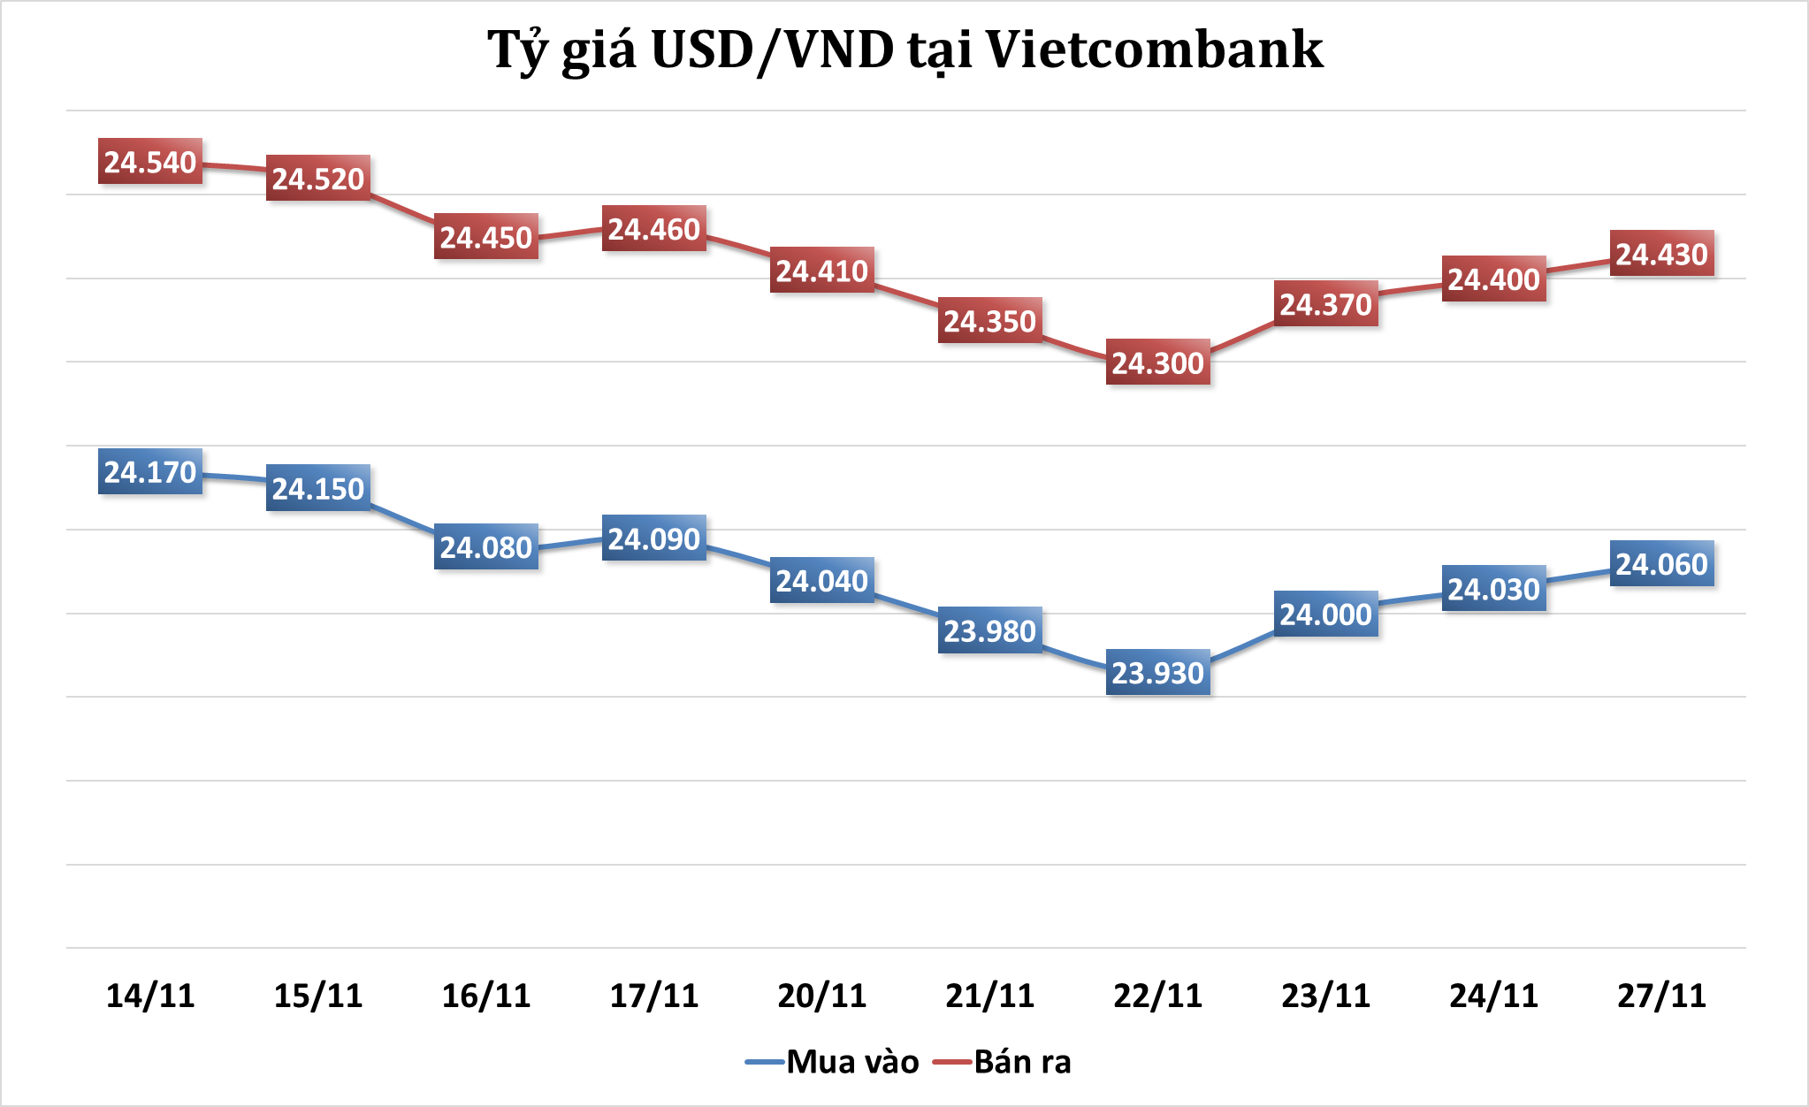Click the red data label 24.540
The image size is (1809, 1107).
pos(150,162)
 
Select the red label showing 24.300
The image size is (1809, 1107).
pos(1157,363)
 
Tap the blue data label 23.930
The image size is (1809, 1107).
pos(1157,673)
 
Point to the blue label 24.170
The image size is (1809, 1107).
pos(150,472)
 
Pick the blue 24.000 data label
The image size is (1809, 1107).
pos(1325,615)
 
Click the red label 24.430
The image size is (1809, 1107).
pos(1661,254)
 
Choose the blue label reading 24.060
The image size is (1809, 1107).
pos(1661,564)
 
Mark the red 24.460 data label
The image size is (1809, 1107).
pos(654,229)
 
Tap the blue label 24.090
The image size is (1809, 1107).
pos(654,538)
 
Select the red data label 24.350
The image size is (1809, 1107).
pos(989,321)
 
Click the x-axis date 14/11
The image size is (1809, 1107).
pos(150,996)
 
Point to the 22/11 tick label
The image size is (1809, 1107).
pos(1157,996)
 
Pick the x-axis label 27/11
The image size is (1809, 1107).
pos(1661,996)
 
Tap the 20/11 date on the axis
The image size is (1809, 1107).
pos(822,996)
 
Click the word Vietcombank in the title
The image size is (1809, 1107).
pos(1154,50)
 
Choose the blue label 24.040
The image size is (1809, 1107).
pos(822,581)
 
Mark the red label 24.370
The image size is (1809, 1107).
pos(1325,304)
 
